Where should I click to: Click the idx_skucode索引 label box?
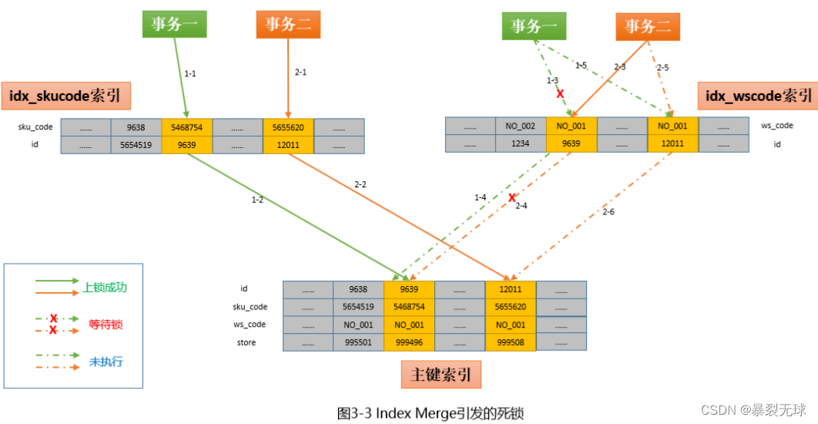(x=66, y=96)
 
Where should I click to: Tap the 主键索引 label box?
(x=441, y=375)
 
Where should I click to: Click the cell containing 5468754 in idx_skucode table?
(x=186, y=126)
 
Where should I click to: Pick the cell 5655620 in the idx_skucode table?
(x=288, y=126)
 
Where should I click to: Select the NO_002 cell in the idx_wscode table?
(x=520, y=126)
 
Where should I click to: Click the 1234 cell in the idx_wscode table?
(x=520, y=143)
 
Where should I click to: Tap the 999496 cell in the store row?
(x=409, y=342)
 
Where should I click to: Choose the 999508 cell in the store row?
(x=511, y=342)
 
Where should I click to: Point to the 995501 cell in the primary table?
(x=358, y=342)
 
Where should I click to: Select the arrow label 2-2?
(x=360, y=184)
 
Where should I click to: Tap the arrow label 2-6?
(x=608, y=211)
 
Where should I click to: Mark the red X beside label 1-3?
(x=560, y=93)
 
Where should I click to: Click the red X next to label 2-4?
(x=511, y=197)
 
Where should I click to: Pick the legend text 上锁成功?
(x=105, y=287)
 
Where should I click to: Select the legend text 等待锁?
(x=105, y=325)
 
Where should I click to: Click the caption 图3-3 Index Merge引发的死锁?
(x=430, y=413)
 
